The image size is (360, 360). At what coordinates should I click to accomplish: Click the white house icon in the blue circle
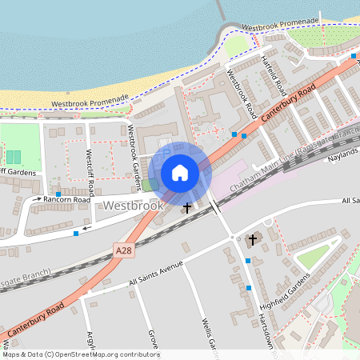coord(180,173)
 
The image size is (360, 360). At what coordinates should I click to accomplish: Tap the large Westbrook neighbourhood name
coord(133,206)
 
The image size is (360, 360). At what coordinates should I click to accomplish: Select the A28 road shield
coord(122,251)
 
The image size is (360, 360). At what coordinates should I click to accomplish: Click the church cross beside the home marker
coord(187,208)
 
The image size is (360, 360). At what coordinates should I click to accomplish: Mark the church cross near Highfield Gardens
coord(254,239)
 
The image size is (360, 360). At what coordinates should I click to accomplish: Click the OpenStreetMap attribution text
coord(80,354)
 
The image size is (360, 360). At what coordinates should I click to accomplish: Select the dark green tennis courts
coord(14,155)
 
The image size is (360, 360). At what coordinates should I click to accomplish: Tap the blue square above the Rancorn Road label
coord(58,194)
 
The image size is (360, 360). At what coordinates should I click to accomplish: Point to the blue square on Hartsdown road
coord(249,287)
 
